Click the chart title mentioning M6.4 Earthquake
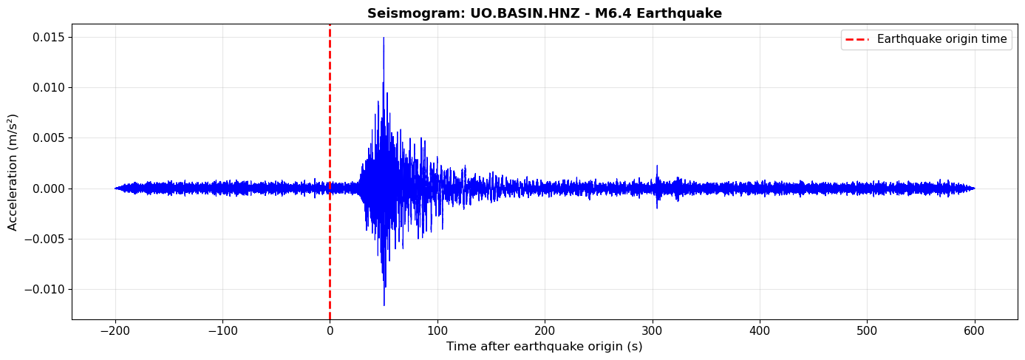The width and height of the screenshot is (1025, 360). click(544, 13)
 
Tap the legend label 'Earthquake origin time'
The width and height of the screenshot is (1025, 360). click(941, 39)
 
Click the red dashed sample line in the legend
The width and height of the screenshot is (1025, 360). click(857, 39)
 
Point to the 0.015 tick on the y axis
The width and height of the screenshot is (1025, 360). click(48, 37)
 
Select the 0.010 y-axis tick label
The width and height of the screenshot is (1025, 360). click(48, 87)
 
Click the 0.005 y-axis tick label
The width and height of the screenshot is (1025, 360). click(48, 137)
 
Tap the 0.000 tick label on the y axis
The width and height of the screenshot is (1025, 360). click(48, 189)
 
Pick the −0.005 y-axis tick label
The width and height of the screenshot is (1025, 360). click(45, 239)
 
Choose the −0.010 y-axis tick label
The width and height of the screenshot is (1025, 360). click(45, 289)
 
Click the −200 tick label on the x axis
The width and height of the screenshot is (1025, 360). click(115, 330)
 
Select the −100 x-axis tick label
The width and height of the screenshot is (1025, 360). click(222, 330)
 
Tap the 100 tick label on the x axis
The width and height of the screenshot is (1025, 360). click(437, 330)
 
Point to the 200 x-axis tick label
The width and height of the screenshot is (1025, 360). click(545, 330)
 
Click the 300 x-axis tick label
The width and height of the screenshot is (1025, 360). click(653, 330)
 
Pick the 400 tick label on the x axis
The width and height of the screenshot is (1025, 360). click(760, 330)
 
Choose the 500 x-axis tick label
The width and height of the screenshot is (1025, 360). click(867, 330)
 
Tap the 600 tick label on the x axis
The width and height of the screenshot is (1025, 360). click(974, 330)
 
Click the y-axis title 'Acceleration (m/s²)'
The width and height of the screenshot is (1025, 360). click(13, 171)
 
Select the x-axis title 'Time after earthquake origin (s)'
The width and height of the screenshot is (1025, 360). click(544, 346)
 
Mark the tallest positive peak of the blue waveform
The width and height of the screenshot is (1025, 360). click(384, 38)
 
